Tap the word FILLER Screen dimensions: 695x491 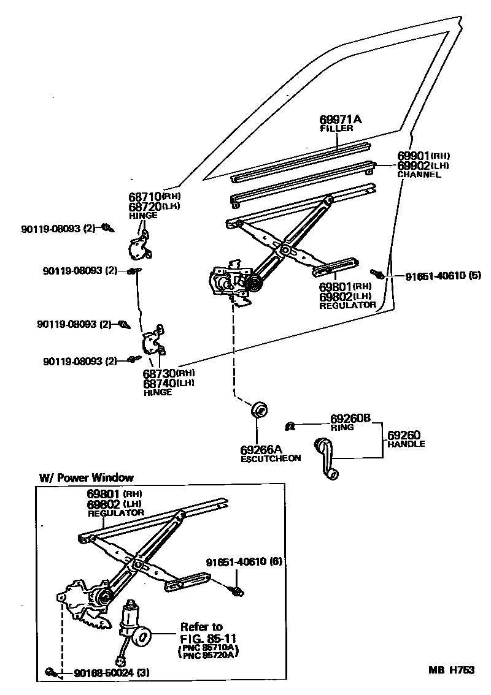336,129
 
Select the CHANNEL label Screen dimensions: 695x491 419,174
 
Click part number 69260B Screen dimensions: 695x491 350,419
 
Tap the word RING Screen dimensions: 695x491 342,427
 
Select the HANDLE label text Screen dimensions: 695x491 406,444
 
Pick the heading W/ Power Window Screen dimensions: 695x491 87,477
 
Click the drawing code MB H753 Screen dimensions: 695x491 451,670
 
